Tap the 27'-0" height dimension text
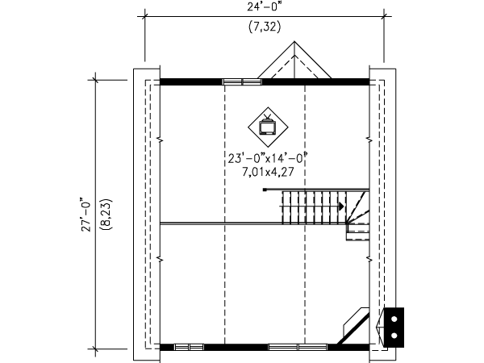coord(86,215)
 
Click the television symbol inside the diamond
coord(267,125)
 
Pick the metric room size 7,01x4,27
coord(268,172)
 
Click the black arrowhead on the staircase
coord(341,206)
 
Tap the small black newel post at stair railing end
coord(265,190)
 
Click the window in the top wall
coord(242,81)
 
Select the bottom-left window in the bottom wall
coord(189,347)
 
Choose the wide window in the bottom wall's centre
coord(298,347)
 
